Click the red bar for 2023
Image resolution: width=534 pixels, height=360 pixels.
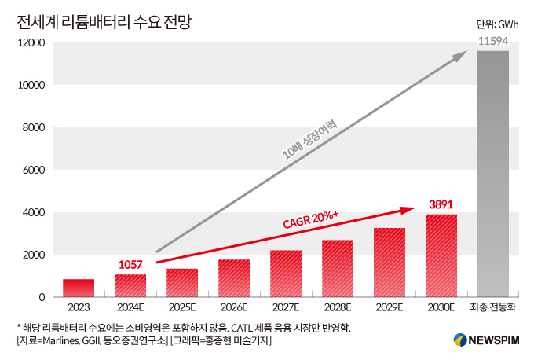79,288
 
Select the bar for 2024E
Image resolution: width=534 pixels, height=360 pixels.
130,285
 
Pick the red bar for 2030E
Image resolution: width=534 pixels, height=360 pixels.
441,255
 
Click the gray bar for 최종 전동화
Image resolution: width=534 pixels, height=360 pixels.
493,174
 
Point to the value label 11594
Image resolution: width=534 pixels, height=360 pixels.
493,39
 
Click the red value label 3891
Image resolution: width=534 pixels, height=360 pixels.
441,204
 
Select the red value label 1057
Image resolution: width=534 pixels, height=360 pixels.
130,264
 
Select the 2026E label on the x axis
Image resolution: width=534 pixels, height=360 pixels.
234,308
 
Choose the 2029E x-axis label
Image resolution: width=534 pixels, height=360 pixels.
390,308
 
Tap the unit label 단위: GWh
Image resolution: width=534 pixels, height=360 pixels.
497,24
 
